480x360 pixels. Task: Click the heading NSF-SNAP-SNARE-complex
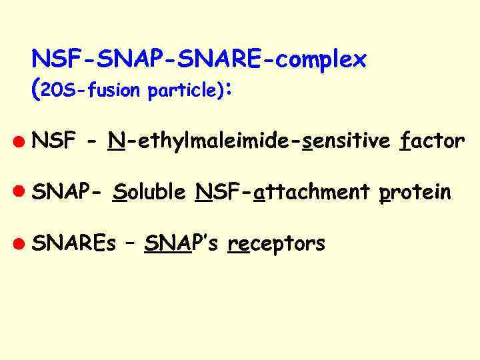point(199,60)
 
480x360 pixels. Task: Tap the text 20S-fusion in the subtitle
point(93,91)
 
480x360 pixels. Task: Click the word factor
point(433,141)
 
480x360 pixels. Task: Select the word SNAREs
point(73,243)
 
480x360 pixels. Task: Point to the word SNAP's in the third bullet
point(177,243)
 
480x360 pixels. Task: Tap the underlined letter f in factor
point(404,141)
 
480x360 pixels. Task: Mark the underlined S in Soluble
point(120,193)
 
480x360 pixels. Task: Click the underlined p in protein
point(384,194)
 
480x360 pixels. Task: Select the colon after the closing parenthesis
point(229,89)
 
